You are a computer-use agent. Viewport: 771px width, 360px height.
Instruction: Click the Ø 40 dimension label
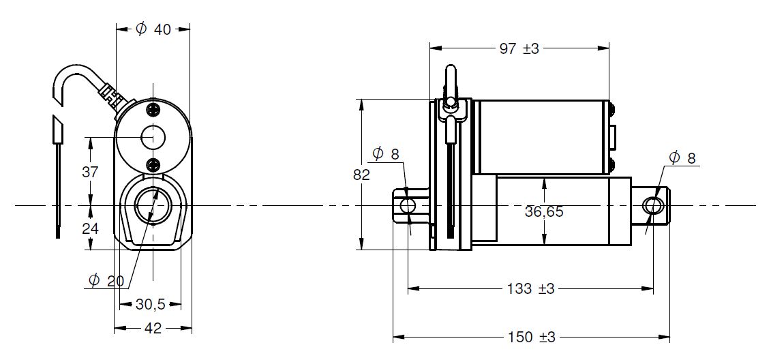[x=153, y=29]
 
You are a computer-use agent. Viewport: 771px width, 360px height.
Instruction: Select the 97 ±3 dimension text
[x=519, y=48]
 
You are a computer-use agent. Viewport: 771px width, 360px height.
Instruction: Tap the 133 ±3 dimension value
[x=530, y=288]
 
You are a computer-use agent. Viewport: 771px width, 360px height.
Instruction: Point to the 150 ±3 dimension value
[x=531, y=337]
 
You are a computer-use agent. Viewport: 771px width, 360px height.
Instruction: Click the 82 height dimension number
[x=361, y=175]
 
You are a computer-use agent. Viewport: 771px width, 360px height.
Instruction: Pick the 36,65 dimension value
[x=544, y=212]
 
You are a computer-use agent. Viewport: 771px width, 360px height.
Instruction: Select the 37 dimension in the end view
[x=90, y=172]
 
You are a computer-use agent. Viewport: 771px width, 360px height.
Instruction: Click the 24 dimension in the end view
[x=90, y=228]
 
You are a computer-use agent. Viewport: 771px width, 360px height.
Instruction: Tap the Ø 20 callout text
[x=106, y=281]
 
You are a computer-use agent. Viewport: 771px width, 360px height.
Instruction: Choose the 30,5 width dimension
[x=150, y=305]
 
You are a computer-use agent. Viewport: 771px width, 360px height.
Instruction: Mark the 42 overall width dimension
[x=153, y=328]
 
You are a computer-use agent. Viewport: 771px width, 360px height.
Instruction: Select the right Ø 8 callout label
[x=682, y=158]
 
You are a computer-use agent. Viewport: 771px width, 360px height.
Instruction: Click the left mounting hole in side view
[x=408, y=205]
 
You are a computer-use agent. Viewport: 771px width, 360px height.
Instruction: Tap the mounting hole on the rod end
[x=652, y=205]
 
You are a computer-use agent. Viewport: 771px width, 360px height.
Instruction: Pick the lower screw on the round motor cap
[x=153, y=165]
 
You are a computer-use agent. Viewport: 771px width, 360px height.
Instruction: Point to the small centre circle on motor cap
[x=153, y=137]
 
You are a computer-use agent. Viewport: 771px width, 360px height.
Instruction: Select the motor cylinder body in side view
[x=542, y=137]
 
